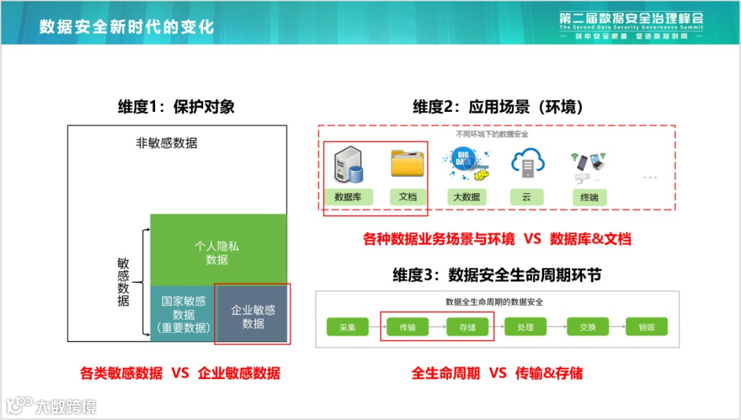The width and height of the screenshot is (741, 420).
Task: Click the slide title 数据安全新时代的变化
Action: coord(126,26)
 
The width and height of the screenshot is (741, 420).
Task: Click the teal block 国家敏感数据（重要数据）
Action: coord(183,314)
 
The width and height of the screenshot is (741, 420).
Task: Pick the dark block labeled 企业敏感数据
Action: coord(252,316)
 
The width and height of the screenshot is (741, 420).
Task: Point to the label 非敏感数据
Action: coord(167,143)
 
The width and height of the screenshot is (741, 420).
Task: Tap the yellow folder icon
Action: coord(408,164)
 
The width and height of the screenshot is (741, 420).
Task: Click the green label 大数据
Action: coord(467,197)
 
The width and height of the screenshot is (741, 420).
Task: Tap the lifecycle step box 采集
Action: coord(347,327)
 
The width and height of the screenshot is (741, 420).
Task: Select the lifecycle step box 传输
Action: coord(408,327)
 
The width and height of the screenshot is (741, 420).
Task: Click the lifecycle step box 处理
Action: coord(526,327)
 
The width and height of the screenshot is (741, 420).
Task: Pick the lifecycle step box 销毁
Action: coord(646,327)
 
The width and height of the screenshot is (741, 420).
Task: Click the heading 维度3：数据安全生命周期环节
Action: coord(497,275)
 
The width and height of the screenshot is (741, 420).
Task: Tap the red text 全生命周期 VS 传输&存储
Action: coord(497,373)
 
